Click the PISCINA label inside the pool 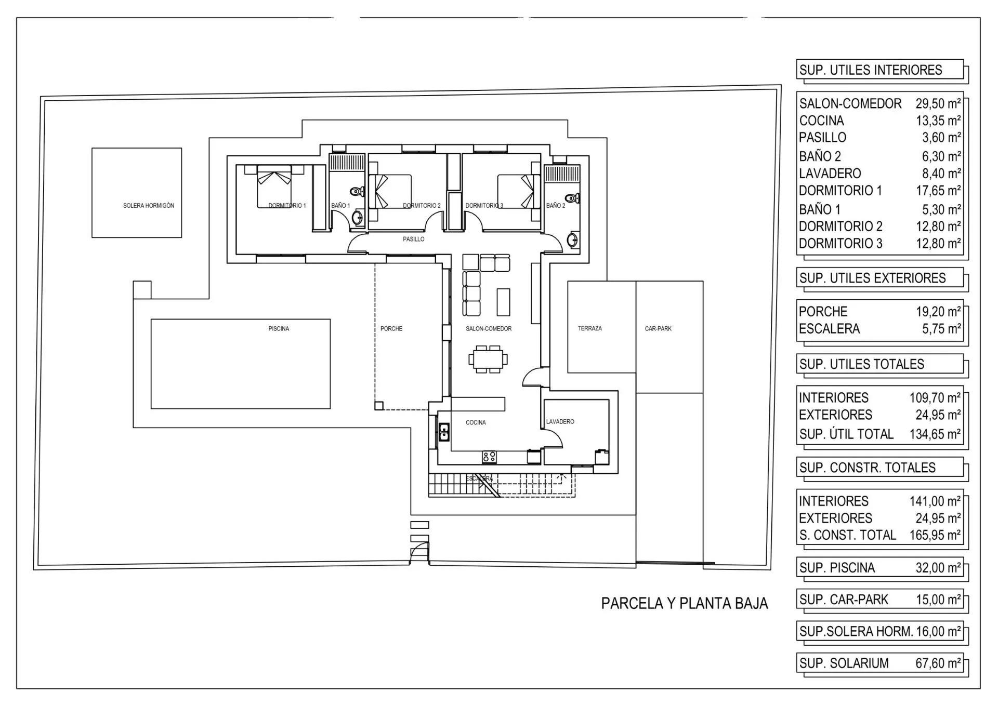click(279, 329)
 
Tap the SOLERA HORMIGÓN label click(149, 206)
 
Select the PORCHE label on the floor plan click(391, 329)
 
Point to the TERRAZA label click(590, 328)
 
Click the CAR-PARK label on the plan click(658, 329)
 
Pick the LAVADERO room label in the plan click(560, 422)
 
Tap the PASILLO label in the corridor click(414, 240)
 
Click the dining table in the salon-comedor click(488, 358)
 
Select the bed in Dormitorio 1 click(274, 186)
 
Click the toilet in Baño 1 click(357, 191)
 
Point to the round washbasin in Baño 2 click(572, 240)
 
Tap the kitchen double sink click(444, 432)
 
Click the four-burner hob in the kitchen click(489, 457)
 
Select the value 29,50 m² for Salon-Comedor click(938, 103)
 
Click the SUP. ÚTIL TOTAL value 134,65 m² click(935, 434)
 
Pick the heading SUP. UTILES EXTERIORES click(873, 278)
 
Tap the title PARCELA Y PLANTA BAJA click(685, 603)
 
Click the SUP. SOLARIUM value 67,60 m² click(938, 663)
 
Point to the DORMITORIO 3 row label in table click(841, 244)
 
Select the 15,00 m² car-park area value click(938, 600)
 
